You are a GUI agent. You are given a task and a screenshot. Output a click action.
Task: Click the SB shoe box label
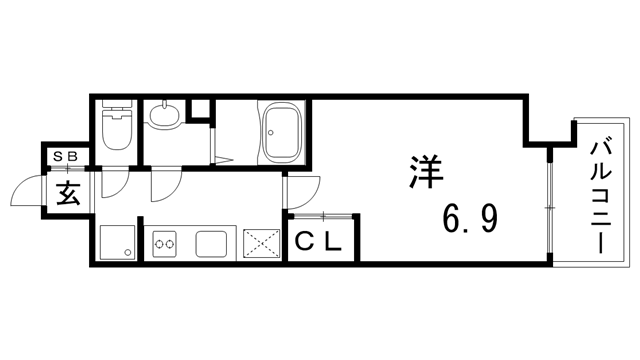tap(71, 157)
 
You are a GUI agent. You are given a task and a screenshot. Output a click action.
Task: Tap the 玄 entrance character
tap(68, 193)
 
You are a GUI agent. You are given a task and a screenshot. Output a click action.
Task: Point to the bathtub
tap(283, 130)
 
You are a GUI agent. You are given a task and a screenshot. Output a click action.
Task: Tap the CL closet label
tap(318, 241)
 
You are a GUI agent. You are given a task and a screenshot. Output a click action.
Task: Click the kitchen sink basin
tap(213, 243)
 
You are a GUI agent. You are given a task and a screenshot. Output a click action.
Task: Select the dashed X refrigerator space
tap(263, 243)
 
